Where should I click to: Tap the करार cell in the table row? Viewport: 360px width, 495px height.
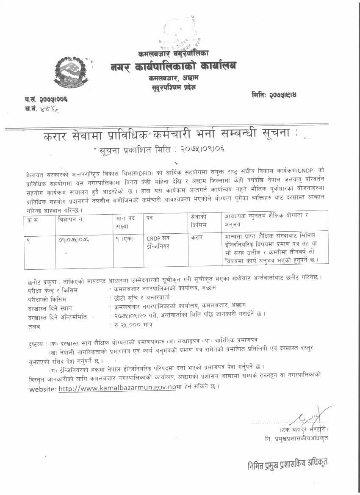pos(197,238)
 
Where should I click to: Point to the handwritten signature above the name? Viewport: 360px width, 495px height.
pos(307,418)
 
